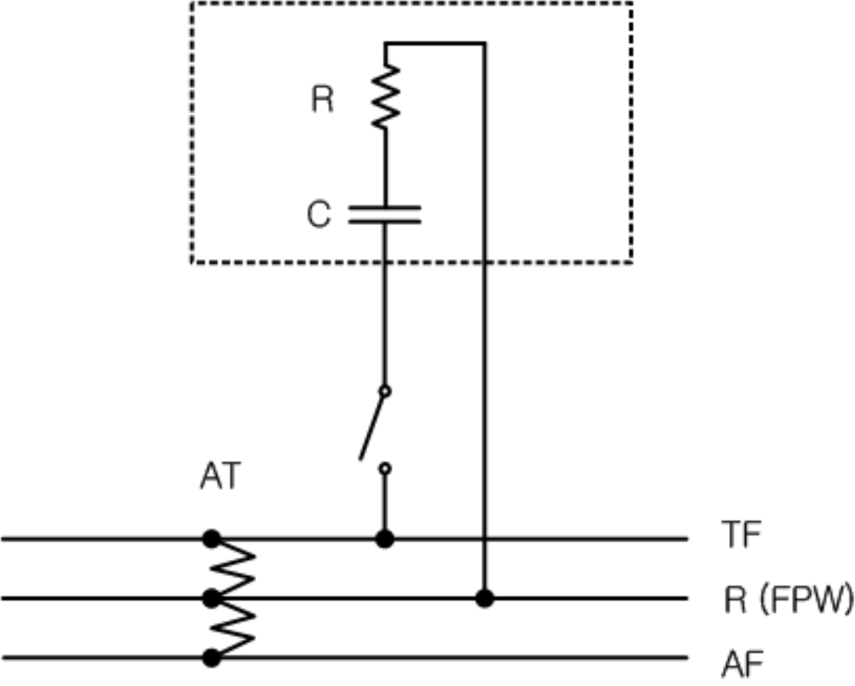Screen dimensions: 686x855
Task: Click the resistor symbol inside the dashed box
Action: [385, 97]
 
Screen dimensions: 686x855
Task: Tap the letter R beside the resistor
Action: [322, 99]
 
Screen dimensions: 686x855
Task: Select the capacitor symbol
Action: [385, 215]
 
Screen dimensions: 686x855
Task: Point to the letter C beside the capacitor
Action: [318, 214]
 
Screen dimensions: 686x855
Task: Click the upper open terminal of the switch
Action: [385, 391]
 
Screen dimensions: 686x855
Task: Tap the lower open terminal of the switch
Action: [385, 469]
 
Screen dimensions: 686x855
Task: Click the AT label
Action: [220, 476]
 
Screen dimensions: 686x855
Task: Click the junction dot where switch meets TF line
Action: [385, 539]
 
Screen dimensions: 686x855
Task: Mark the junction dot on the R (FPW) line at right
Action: [484, 598]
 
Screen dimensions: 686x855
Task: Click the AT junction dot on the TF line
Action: [212, 539]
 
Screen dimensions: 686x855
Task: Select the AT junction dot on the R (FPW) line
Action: [212, 598]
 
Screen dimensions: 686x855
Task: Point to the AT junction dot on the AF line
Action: [212, 658]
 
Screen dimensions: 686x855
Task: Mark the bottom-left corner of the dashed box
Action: [192, 262]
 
